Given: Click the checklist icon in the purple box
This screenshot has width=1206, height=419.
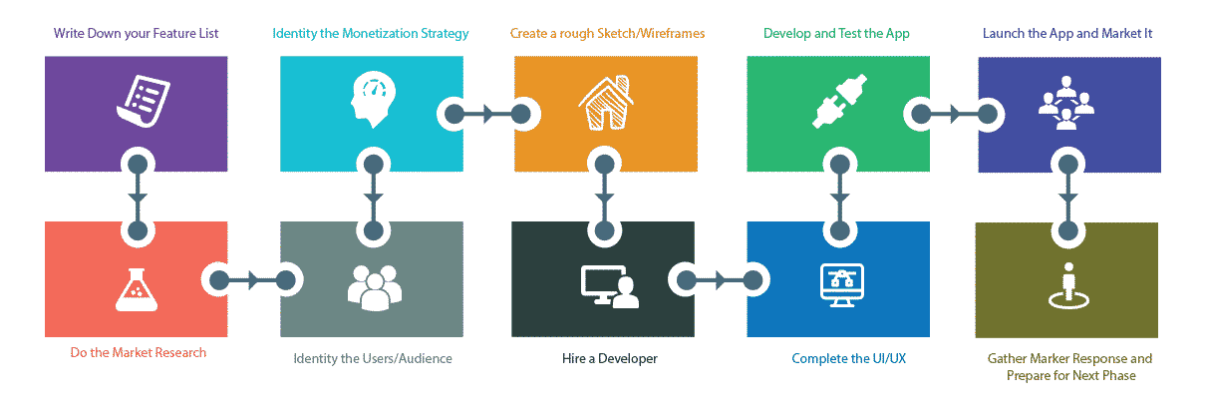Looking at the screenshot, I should (x=138, y=103).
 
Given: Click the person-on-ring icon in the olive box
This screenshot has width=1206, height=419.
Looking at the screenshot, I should (x=1066, y=284).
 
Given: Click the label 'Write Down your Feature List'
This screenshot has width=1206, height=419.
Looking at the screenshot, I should (x=137, y=34).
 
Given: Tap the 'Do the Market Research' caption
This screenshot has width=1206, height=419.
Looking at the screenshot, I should (x=139, y=352).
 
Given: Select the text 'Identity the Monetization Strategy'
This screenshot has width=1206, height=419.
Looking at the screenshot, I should (x=371, y=34).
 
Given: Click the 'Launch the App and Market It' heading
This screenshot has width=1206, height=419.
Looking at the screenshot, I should (x=1067, y=34).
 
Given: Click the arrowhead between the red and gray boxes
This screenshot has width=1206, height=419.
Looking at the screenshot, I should (x=252, y=279).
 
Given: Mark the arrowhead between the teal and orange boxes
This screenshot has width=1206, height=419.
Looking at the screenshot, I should (x=487, y=114).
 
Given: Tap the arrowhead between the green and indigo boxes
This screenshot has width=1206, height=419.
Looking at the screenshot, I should (x=954, y=114).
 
